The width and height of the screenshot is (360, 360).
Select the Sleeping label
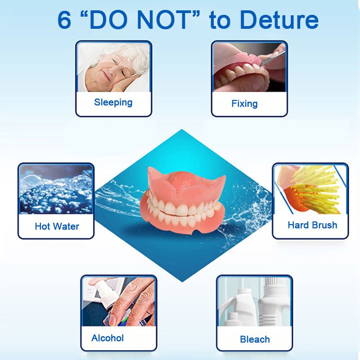pyautogui.click(x=113, y=102)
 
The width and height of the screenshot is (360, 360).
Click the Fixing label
pyautogui.click(x=244, y=103)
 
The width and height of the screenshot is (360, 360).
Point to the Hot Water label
pyautogui.click(x=57, y=226)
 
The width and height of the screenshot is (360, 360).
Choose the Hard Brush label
pyautogui.click(x=312, y=225)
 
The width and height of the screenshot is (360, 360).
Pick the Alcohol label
pyautogui.click(x=108, y=338)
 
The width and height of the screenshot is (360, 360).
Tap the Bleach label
pyautogui.click(x=255, y=339)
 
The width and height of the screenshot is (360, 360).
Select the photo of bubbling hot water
pyautogui.click(x=56, y=189)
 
